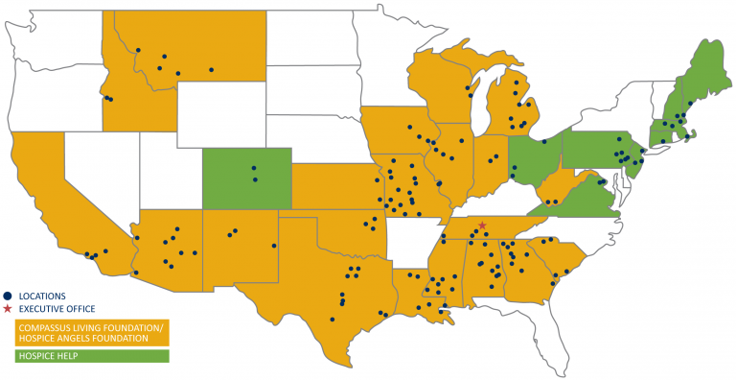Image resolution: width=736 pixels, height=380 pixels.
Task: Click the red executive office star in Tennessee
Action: tap(482, 226)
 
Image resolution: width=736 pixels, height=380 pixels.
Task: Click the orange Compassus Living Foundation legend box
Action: tap(90, 332)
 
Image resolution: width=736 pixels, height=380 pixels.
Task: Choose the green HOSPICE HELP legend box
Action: tap(90, 356)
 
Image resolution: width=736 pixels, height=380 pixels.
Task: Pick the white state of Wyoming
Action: tap(220, 115)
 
